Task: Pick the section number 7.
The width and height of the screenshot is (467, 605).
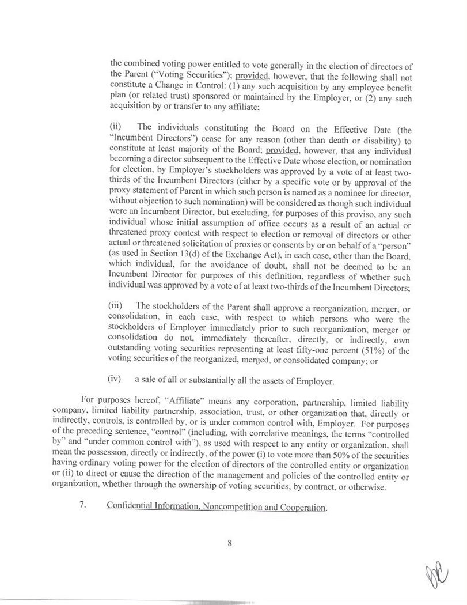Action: [83, 505]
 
